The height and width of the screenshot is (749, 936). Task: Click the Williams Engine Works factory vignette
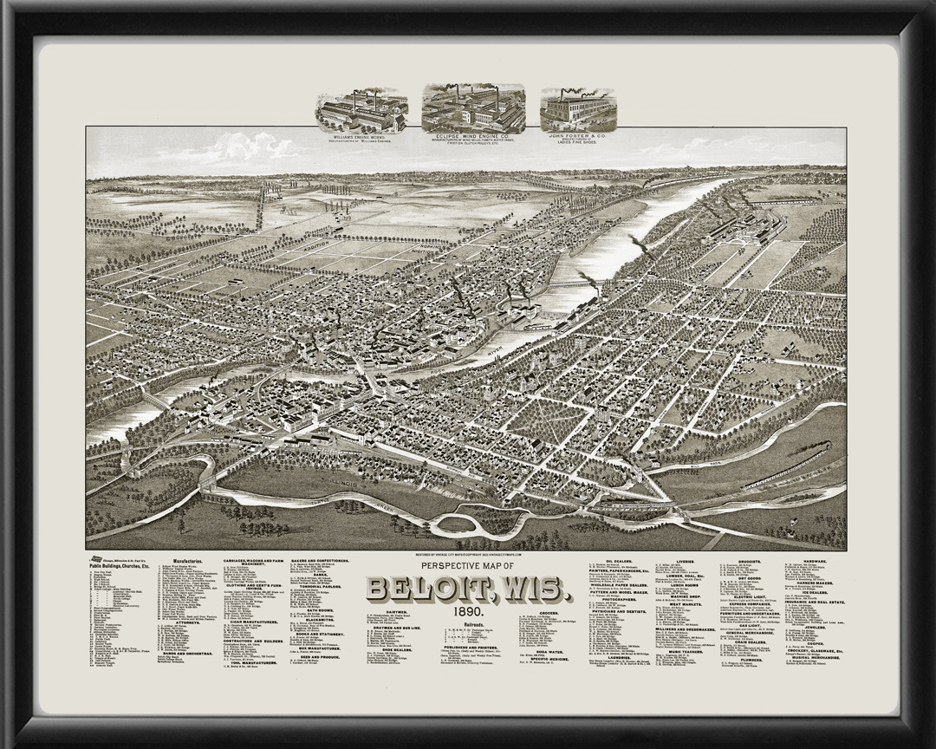(361, 108)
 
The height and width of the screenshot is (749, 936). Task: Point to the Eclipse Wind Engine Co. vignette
(473, 107)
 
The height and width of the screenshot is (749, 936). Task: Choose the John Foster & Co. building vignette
(578, 108)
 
